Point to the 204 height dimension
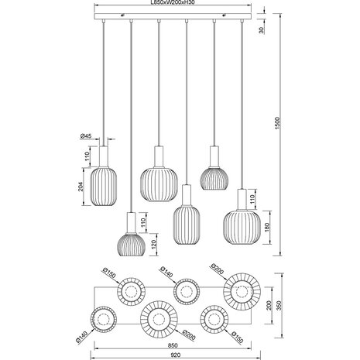click(81, 187)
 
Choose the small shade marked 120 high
click(132, 244)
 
